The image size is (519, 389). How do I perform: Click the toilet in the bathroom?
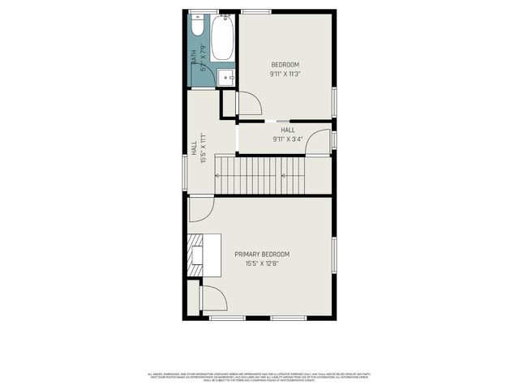197,27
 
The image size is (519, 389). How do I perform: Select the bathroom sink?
227,77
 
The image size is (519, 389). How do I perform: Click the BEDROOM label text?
285,65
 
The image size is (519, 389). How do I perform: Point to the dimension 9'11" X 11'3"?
285,75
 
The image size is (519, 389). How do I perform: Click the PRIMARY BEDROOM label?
262,254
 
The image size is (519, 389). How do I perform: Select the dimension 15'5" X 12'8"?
262,263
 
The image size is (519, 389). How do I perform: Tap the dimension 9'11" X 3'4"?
287,139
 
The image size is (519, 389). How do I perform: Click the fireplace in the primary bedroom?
195,256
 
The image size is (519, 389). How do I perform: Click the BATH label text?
194,58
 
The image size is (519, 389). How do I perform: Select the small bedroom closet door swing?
248,103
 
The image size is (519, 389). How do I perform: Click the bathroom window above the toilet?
204,11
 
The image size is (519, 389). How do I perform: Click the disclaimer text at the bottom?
259,377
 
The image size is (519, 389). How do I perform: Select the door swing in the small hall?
319,142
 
